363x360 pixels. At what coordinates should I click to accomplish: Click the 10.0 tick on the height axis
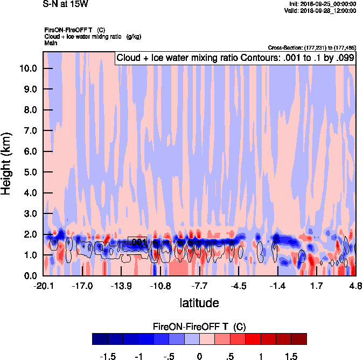point(29,68)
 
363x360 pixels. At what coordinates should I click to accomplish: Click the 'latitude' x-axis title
point(199,303)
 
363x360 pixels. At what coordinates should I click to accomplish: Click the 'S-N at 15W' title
point(64,4)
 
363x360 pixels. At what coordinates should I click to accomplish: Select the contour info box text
point(235,58)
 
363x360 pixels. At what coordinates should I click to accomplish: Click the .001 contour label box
point(137,243)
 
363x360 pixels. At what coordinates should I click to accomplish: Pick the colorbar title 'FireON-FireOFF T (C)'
point(199,327)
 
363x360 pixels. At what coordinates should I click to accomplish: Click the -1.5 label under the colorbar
point(108,356)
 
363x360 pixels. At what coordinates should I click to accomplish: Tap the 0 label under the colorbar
point(199,356)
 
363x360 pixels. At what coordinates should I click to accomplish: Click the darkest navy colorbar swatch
point(100,339)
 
